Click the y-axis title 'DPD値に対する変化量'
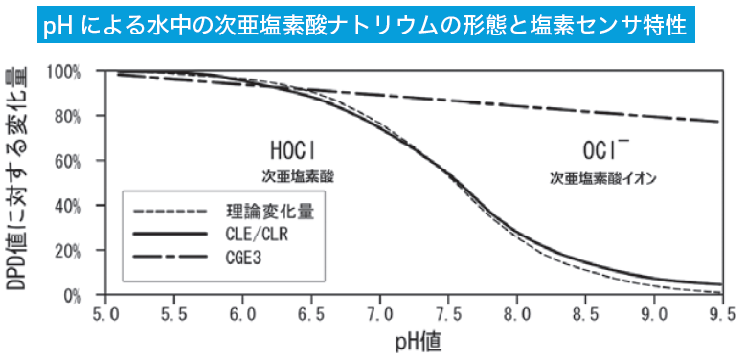coord(20,182)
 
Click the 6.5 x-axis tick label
coord(311,313)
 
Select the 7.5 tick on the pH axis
coord(448,313)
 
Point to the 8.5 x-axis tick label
coord(585,313)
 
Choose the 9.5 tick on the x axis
coord(722,313)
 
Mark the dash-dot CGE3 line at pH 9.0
coord(654,114)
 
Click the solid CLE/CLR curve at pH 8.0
coord(517,233)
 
